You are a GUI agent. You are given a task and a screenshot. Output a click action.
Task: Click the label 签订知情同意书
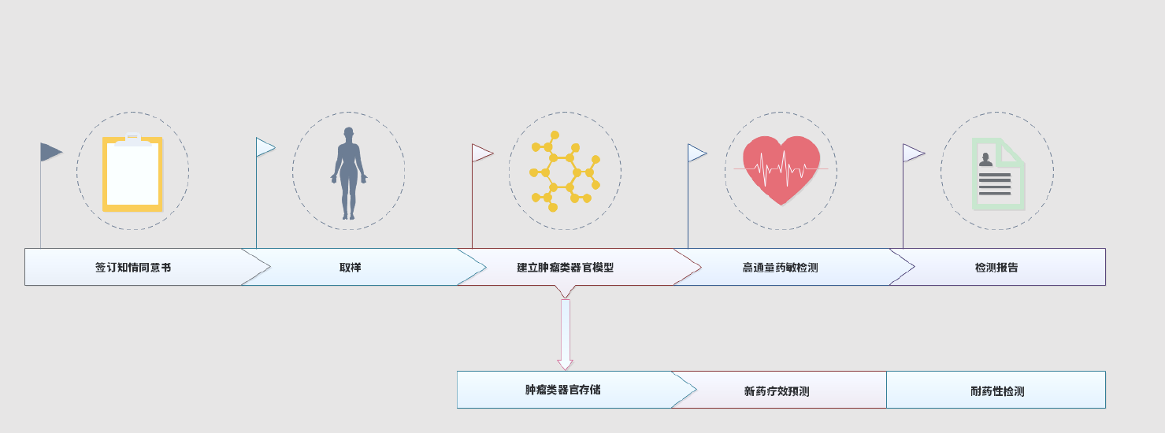[x=133, y=268]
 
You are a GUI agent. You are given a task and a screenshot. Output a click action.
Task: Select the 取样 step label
[x=351, y=268]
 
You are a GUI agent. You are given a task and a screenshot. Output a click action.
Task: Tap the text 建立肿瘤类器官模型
[x=565, y=268]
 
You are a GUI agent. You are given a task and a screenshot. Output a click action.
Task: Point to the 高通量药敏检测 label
[x=780, y=268]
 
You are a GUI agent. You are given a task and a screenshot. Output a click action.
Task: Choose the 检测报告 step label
[x=996, y=268]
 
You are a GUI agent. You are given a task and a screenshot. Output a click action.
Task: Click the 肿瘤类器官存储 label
[x=562, y=390]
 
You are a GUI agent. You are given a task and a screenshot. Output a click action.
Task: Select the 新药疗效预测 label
[x=777, y=391]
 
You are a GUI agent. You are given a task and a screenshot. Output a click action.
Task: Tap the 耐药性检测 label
[x=997, y=391]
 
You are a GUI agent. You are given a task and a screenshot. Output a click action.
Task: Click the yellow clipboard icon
[x=132, y=173]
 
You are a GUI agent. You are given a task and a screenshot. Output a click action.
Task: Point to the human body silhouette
[x=348, y=173]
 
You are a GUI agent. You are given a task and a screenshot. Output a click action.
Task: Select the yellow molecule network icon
[x=564, y=172]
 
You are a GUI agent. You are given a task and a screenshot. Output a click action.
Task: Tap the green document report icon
[x=998, y=174]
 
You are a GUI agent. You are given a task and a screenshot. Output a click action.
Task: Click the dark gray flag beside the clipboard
[x=50, y=152]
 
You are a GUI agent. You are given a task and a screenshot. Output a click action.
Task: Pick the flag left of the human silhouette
[x=265, y=147]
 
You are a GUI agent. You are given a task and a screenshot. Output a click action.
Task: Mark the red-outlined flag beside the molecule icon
[x=481, y=153]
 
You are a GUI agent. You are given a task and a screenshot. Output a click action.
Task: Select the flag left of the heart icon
[x=696, y=153]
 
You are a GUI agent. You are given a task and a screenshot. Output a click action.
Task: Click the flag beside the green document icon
[x=912, y=153]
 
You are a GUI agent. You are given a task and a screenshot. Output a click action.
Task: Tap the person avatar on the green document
[x=985, y=160]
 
